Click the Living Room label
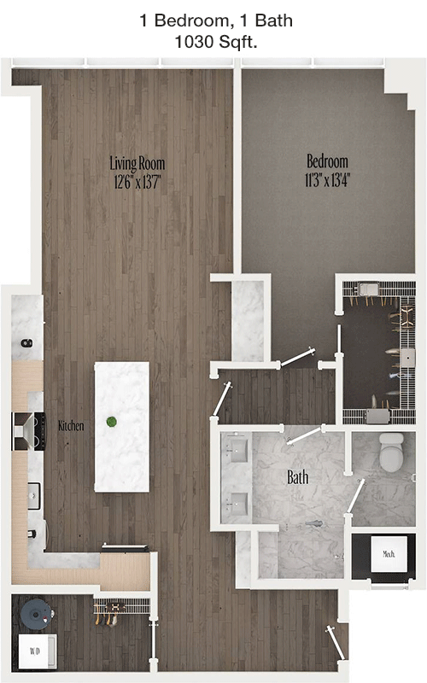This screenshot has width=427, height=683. coord(137,164)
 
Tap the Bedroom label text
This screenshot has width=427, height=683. coord(327,161)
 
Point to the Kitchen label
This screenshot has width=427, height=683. coord(71,425)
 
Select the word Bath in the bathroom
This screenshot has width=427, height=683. coord(298,477)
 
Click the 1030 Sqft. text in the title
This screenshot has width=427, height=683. coord(216,42)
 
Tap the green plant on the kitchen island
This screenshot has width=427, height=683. coord(112,421)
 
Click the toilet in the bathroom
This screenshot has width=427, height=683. coord(392,452)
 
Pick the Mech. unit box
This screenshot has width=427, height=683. coord(389,554)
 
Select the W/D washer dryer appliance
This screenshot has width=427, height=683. coord(37,651)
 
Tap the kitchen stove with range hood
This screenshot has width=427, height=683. coord(29,431)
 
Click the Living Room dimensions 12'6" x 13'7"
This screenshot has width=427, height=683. coord(137,182)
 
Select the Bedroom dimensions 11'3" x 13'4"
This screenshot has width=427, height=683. coord(327,179)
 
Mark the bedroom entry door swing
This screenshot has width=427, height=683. coord(297,357)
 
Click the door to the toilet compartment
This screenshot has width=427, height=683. coord(355,498)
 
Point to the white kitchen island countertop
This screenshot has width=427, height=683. coord(122,427)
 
